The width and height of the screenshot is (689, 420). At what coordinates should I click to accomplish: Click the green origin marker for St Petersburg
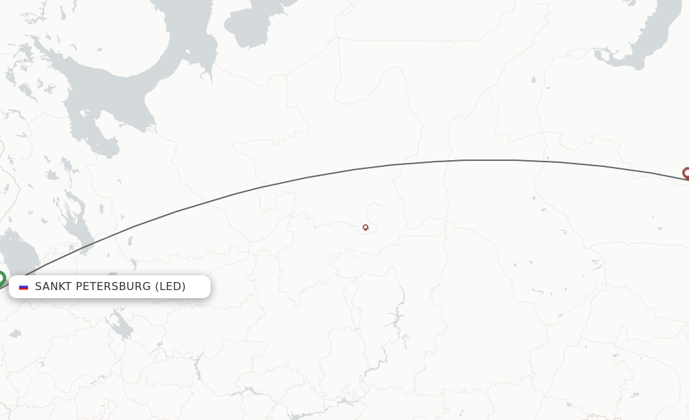1,277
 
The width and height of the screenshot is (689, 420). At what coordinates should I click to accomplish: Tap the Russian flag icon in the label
24,287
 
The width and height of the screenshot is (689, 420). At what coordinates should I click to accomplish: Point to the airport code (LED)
170,287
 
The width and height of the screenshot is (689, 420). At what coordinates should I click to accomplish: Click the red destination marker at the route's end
686,173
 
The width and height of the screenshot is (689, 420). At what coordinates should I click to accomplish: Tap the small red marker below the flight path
365,228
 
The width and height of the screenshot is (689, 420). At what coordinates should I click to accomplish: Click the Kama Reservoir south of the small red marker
397,316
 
